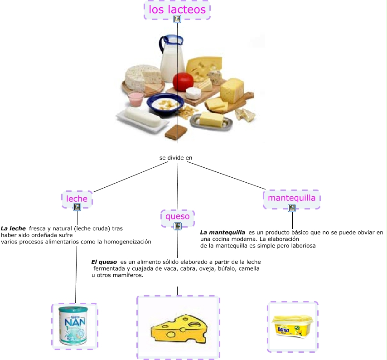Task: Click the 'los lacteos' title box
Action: tap(177, 10)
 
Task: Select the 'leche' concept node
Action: tap(77, 199)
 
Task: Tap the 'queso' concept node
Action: tap(178, 216)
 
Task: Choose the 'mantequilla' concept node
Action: tap(291, 198)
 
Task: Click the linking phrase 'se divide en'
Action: tap(176, 158)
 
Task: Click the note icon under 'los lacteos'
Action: tap(177, 19)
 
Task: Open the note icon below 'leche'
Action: tap(77, 207)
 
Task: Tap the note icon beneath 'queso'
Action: tap(178, 225)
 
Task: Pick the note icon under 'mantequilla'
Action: tap(292, 208)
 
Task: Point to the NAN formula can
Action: tap(74, 326)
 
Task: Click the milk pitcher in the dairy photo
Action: tap(172, 57)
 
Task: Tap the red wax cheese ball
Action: tap(183, 81)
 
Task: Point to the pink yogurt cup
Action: tap(135, 97)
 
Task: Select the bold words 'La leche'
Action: tap(13, 229)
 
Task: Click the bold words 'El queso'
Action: tap(104, 262)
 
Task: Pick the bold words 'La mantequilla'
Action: tap(223, 233)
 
